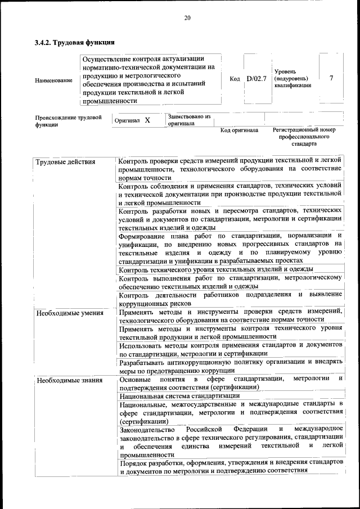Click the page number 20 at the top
(x=187, y=18)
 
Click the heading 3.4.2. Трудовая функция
(x=75, y=42)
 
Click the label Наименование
(x=53, y=80)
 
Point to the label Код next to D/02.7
(x=235, y=79)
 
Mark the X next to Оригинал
(x=147, y=120)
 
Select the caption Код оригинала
(x=239, y=130)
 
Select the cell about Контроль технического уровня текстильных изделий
(x=216, y=269)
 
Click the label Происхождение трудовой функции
(x=68, y=121)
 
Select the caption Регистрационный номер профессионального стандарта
(x=304, y=137)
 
